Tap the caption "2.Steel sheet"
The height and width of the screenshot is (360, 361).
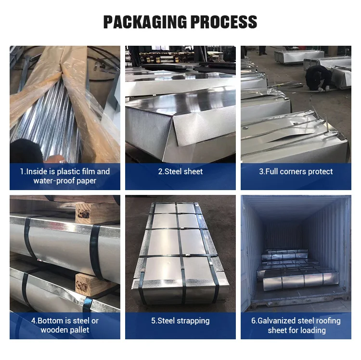pyautogui.click(x=180, y=171)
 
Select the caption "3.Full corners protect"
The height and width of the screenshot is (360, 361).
pyautogui.click(x=296, y=171)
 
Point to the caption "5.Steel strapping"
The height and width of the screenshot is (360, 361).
pyautogui.click(x=180, y=321)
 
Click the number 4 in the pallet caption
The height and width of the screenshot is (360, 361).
pyautogui.click(x=33, y=321)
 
